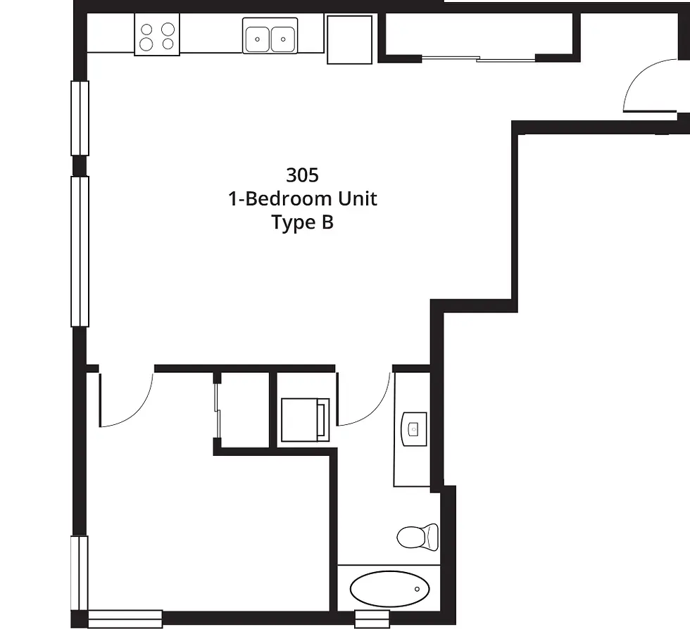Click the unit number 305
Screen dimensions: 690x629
302,175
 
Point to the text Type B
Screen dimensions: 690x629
302,222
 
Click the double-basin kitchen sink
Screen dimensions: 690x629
270,36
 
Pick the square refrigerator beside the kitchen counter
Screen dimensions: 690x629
350,39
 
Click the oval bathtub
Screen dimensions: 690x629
390,589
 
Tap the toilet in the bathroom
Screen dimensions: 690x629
418,537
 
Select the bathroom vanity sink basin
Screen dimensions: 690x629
414,429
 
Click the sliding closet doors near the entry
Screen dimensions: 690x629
478,58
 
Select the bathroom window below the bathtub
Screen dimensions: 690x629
372,619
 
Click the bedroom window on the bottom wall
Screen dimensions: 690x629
125,619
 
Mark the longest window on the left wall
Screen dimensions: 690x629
80,252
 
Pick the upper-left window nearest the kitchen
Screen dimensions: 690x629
80,118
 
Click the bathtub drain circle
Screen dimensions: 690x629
417,589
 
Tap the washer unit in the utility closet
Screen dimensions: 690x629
305,419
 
